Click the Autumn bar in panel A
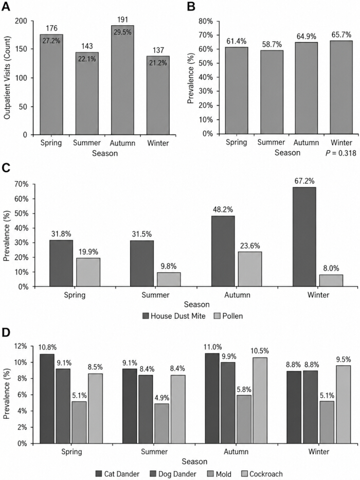122,80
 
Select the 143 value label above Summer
87,46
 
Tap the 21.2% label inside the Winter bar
158,63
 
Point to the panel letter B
191,6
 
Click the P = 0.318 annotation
340,153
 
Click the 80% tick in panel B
205,21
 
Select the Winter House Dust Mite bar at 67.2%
304,237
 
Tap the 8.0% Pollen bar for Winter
331,280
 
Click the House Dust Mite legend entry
174,316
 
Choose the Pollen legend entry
228,316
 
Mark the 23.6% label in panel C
250,246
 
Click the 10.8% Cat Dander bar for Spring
47,399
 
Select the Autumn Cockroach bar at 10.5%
260,400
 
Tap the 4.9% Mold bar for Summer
161,423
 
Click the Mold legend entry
219,474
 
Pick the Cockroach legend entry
262,474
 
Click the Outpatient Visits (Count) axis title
7,78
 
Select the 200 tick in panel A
21,21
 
